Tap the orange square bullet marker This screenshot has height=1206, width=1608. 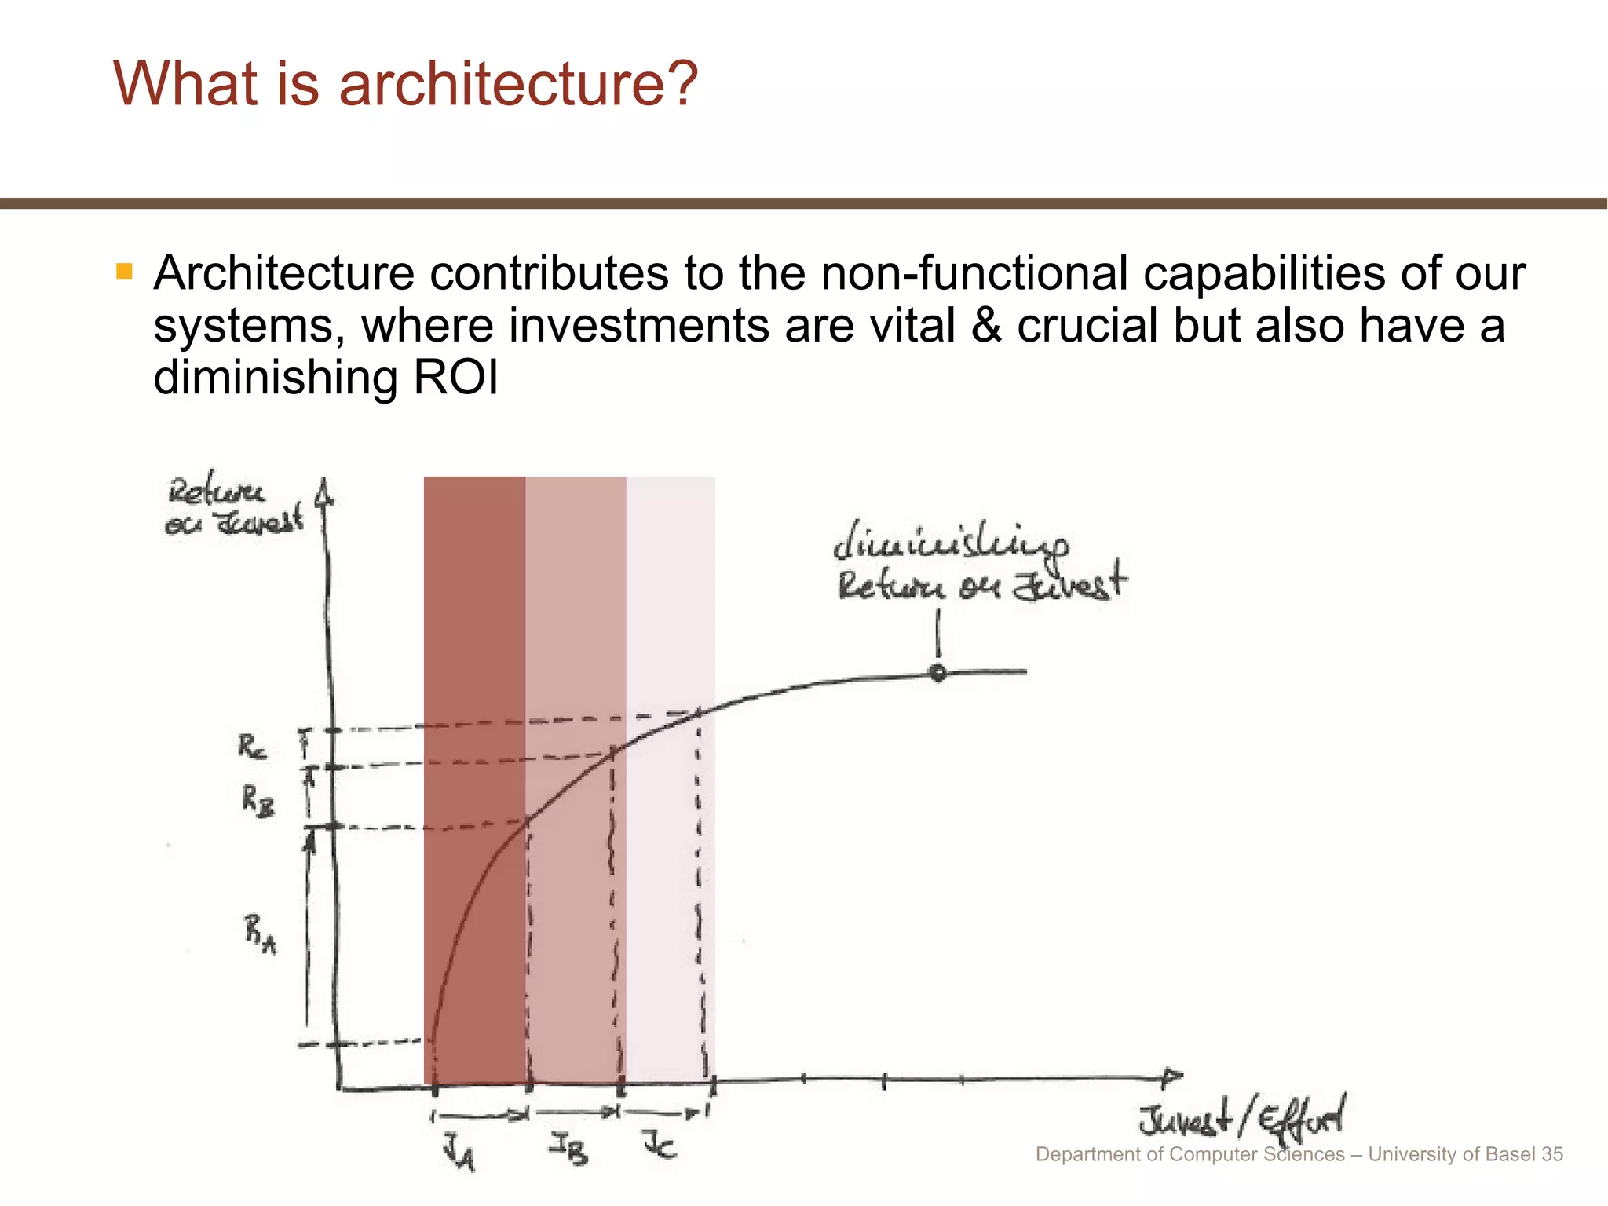124,272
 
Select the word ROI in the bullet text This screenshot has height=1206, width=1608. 455,377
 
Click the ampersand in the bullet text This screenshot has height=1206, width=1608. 986,325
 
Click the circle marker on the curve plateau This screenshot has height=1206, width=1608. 937,672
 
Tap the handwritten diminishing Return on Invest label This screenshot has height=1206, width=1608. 980,564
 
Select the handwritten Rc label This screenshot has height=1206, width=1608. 252,746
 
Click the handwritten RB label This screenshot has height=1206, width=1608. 258,802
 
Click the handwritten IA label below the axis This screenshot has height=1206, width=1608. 459,1154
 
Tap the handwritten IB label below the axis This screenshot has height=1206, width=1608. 568,1150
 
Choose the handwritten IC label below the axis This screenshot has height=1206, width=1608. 660,1145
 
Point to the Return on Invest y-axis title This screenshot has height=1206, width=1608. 234,507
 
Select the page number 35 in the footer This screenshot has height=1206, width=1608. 1552,1154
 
